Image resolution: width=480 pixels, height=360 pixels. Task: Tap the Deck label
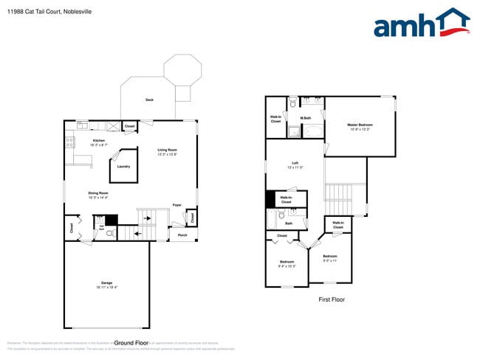149,100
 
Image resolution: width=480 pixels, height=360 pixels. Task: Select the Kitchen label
98,140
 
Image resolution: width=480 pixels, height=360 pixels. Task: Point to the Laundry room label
123,166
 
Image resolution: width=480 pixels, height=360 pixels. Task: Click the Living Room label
167,150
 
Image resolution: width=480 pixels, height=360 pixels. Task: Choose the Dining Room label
98,193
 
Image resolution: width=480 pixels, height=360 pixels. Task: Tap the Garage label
106,283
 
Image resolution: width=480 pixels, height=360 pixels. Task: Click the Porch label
182,235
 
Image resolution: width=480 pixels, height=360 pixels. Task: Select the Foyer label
177,205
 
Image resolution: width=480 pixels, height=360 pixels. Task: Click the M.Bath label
304,118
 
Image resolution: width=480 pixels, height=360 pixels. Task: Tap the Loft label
295,163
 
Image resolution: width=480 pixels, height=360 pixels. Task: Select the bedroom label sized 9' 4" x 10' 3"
287,262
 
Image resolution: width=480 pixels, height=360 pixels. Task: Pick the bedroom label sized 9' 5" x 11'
329,257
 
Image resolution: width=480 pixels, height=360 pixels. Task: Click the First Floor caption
332,300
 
